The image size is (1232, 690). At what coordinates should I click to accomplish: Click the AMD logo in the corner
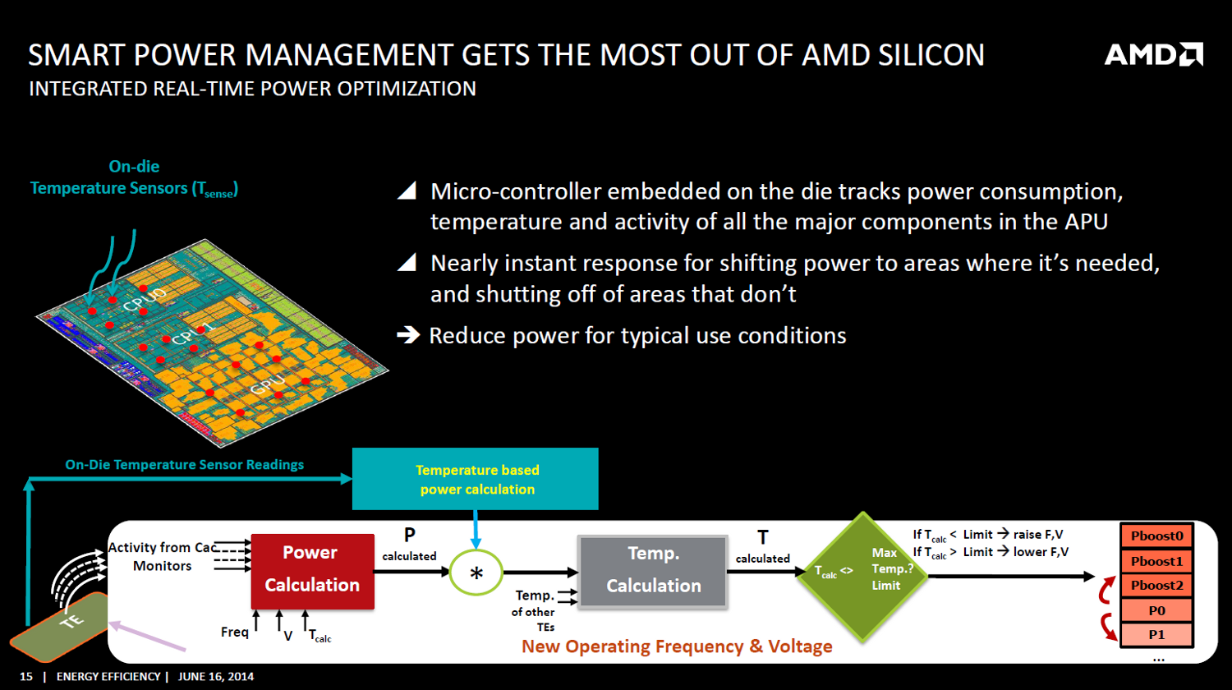pyautogui.click(x=1153, y=54)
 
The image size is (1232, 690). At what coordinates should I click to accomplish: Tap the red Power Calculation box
pyautogui.click(x=312, y=571)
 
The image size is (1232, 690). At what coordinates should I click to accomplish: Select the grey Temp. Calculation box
pyautogui.click(x=654, y=571)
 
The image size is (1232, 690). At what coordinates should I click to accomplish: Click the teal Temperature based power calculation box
pyautogui.click(x=476, y=479)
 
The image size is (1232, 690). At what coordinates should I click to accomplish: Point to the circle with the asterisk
pyautogui.click(x=476, y=573)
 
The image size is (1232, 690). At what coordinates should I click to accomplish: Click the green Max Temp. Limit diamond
pyautogui.click(x=862, y=576)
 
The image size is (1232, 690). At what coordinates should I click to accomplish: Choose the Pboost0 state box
pyautogui.click(x=1156, y=536)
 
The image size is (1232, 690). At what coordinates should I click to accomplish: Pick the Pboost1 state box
pyautogui.click(x=1156, y=561)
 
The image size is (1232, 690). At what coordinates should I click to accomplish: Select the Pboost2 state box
pyautogui.click(x=1156, y=586)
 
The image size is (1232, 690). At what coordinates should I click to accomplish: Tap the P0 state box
pyautogui.click(x=1156, y=610)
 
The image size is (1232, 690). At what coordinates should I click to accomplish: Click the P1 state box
pyautogui.click(x=1156, y=634)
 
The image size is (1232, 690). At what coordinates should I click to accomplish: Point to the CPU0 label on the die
pyautogui.click(x=144, y=299)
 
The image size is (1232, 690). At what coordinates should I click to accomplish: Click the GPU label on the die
pyautogui.click(x=268, y=384)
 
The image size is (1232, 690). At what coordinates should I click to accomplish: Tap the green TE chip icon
pyautogui.click(x=59, y=627)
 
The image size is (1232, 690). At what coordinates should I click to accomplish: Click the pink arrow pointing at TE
pyautogui.click(x=147, y=636)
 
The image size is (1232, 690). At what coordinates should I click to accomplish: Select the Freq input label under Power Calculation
pyautogui.click(x=235, y=632)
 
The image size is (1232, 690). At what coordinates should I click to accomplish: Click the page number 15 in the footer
pyautogui.click(x=25, y=676)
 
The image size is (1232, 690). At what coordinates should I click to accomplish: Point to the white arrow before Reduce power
pyautogui.click(x=408, y=334)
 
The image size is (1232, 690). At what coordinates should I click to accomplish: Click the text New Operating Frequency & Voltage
pyautogui.click(x=677, y=646)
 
